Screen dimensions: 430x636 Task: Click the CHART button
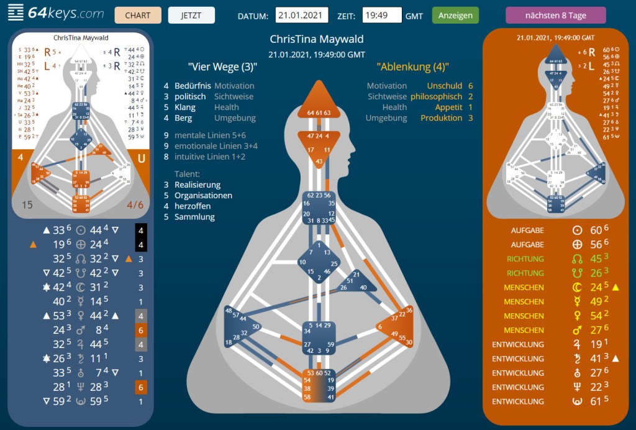[138, 15]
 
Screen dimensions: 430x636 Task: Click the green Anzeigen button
[455, 15]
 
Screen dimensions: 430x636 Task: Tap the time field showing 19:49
[382, 16]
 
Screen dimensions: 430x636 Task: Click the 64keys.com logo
[56, 13]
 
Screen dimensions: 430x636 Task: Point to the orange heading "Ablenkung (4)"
[413, 67]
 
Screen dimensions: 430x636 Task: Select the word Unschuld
[445, 86]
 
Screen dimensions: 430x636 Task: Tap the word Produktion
[440, 117]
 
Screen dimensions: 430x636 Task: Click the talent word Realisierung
[198, 185]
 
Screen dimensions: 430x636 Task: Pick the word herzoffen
[193, 206]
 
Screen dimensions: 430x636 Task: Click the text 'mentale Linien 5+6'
[209, 135]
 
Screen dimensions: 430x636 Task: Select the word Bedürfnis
[193, 86]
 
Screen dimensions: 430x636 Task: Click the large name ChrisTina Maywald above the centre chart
[317, 40]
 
